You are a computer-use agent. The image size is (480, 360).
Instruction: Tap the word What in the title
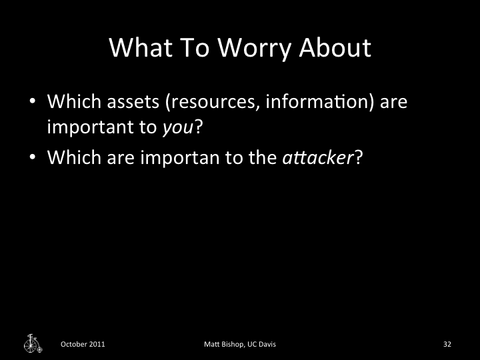tap(138, 48)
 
